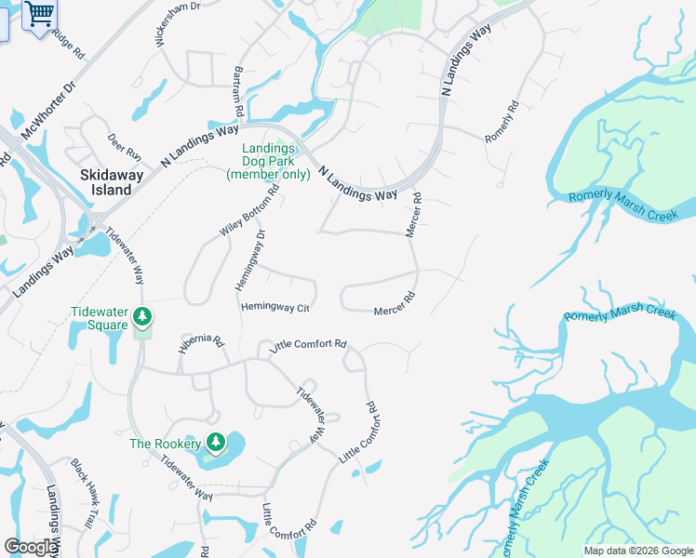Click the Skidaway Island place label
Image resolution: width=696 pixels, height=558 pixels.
point(105,182)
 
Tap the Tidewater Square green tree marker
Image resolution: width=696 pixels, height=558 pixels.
point(141,318)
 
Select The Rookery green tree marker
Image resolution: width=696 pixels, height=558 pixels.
point(215,441)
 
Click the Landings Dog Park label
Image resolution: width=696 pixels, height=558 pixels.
point(269,161)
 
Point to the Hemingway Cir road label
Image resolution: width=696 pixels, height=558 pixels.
point(274,306)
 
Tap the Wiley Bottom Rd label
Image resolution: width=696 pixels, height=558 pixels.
point(249,213)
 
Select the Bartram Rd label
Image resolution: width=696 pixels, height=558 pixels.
point(239,91)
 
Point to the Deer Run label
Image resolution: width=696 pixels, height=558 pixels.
point(124,145)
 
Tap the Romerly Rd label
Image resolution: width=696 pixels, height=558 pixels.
point(500,122)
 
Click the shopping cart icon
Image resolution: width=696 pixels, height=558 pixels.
point(40,14)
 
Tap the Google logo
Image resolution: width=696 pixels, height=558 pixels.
point(30,547)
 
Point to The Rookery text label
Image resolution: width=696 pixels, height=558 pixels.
point(165,444)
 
